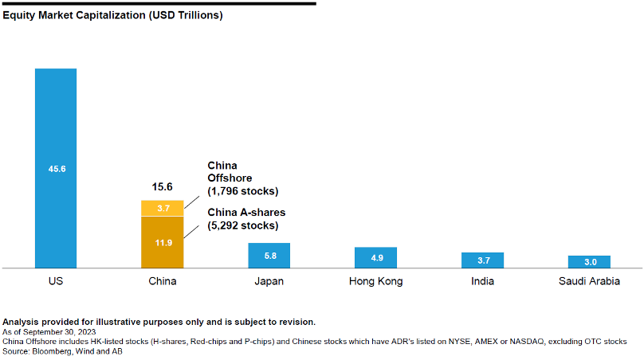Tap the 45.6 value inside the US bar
point(56,169)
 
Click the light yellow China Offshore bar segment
point(162,208)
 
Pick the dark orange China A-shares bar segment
point(162,242)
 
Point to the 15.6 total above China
point(163,187)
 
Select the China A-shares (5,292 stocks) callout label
point(246,219)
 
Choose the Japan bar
point(269,255)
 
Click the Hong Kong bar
point(375,257)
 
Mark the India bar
point(482,260)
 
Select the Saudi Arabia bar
point(589,261)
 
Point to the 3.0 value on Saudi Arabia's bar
point(589,262)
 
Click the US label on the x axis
point(56,281)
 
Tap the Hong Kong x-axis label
point(375,281)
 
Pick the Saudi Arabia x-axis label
point(589,281)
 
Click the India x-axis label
point(482,281)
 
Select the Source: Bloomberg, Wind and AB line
point(63,350)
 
